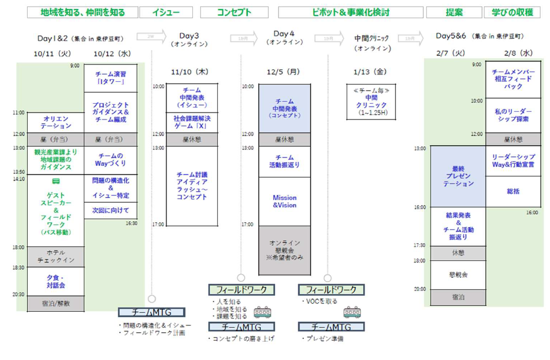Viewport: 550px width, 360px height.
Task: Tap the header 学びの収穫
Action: (512, 13)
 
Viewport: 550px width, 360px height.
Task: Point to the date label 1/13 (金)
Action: (372, 71)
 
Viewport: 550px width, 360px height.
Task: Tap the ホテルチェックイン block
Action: (57, 256)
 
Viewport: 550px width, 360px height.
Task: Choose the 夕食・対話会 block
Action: (57, 282)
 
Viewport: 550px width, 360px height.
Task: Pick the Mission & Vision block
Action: (284, 202)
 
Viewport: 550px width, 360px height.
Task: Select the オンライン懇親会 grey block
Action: (284, 250)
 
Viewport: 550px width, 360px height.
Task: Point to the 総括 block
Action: (513, 191)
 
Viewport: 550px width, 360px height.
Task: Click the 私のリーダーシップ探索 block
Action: (513, 115)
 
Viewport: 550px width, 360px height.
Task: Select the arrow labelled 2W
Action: (151, 37)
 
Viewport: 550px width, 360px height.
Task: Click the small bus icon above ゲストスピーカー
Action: (56, 181)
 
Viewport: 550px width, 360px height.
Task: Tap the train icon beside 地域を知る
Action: (262, 312)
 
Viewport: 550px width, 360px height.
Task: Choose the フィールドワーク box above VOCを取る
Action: (331, 289)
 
